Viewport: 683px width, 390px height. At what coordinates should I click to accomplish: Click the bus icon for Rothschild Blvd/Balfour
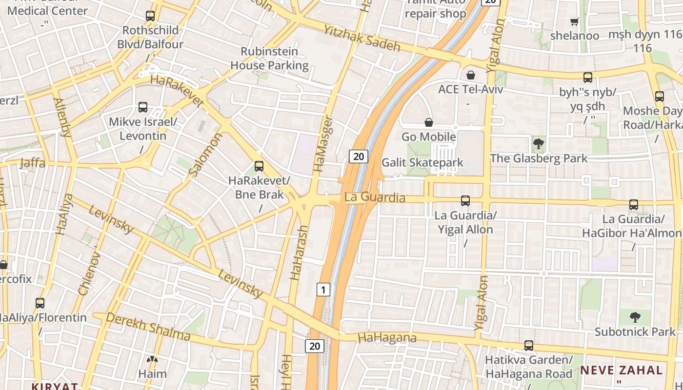[150, 16]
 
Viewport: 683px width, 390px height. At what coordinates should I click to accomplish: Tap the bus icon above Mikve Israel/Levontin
[143, 107]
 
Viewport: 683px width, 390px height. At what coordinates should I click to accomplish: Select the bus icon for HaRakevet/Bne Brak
[259, 166]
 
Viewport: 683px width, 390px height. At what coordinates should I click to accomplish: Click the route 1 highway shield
[323, 290]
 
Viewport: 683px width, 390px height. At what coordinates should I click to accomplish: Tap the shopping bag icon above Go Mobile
[429, 122]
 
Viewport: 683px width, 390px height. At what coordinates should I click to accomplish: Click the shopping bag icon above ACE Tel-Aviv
[471, 75]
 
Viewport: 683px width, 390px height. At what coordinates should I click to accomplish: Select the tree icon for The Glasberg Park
[539, 144]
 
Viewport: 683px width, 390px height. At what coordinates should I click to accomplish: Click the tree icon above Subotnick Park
[635, 317]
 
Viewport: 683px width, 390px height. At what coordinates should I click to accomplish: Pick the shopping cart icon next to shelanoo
[575, 21]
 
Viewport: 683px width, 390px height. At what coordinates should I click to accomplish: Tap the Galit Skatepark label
[422, 162]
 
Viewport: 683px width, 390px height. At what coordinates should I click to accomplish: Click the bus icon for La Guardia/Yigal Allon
[465, 201]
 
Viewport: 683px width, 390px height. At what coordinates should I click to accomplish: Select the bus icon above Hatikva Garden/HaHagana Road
[528, 346]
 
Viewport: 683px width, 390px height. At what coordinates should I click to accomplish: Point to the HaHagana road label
[387, 337]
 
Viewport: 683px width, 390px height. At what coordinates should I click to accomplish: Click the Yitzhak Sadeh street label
[362, 39]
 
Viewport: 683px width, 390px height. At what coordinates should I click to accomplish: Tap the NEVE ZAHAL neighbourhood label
[621, 370]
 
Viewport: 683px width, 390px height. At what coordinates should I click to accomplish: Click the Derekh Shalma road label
[148, 327]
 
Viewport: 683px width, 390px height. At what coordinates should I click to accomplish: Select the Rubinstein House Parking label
[269, 58]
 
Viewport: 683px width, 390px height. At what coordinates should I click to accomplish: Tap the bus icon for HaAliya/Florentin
[40, 303]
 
